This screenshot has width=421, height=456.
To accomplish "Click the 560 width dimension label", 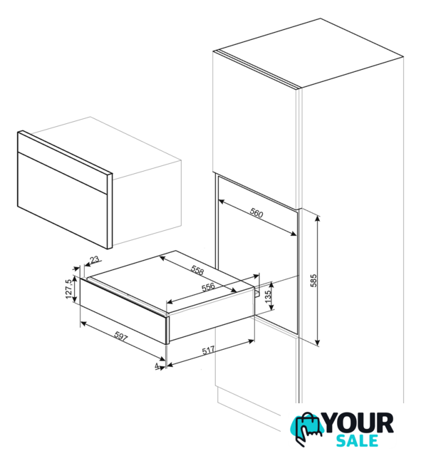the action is tap(256, 213).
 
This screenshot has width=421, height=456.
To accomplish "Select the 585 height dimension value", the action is tap(313, 280).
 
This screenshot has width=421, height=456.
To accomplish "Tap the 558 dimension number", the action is tap(197, 270).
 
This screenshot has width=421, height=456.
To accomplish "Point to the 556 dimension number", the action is tap(208, 287).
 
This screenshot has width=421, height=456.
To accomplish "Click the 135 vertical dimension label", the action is tap(268, 296).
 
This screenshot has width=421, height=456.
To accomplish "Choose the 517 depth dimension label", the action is tap(208, 350).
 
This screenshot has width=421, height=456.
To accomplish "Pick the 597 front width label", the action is tap(120, 336).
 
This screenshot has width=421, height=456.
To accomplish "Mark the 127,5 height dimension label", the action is tap(68, 289).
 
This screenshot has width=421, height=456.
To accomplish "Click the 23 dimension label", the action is tap(95, 259).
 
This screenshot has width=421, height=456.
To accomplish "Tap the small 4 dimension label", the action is tap(157, 366).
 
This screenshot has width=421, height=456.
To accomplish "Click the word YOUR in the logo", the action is tap(359, 423).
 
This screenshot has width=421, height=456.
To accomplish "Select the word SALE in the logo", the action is tap(357, 441).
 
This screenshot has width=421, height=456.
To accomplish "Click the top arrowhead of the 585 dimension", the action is tap(318, 218).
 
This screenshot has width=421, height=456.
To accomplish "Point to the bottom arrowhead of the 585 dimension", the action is tap(318, 343).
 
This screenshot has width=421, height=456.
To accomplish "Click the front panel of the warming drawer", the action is tap(123, 311).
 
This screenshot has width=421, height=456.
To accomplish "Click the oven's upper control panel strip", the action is tap(65, 161).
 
